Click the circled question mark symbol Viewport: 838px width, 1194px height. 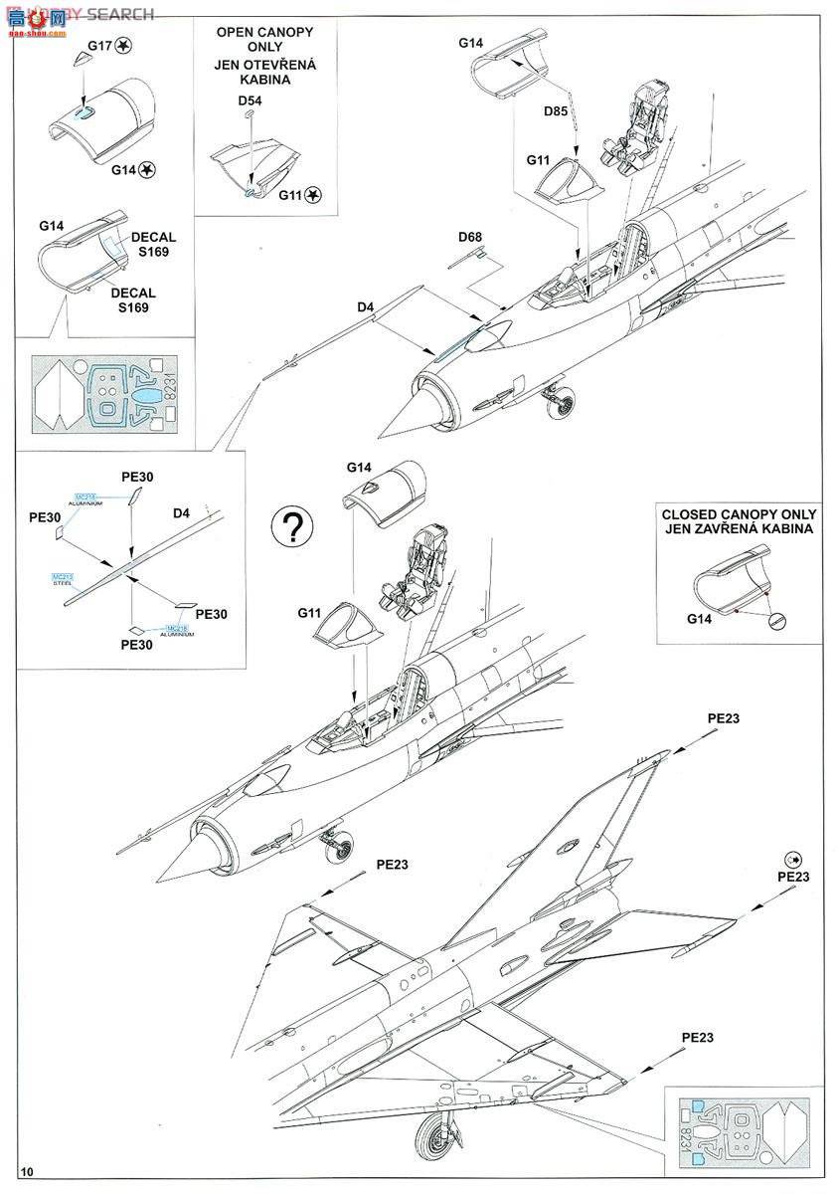coord(294,528)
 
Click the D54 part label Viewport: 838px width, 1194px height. coord(250,101)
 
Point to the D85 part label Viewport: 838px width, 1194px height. coord(556,111)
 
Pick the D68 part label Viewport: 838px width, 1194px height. coord(470,237)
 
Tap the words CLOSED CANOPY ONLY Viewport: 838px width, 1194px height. coord(739,514)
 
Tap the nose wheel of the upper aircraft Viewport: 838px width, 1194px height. coord(558,402)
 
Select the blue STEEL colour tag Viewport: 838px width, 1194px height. coord(63,579)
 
